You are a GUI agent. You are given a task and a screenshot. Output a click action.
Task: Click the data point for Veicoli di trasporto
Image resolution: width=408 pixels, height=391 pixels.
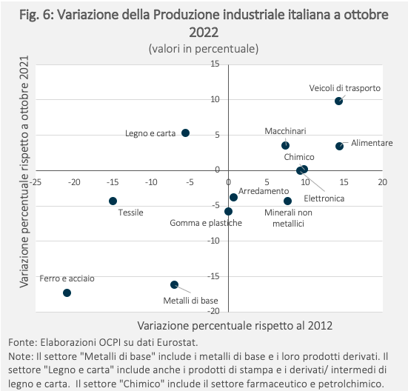[338, 101]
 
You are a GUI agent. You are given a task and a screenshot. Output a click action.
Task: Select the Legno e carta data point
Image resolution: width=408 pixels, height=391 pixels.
[185, 133]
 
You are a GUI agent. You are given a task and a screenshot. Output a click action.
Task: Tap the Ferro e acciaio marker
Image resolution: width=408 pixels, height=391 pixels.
[67, 293]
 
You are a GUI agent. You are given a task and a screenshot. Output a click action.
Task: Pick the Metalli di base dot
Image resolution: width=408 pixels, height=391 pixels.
[174, 284]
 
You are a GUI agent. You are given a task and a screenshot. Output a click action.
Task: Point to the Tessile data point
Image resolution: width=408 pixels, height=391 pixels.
[113, 201]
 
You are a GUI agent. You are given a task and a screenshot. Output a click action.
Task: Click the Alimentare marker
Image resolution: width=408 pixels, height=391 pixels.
[339, 146]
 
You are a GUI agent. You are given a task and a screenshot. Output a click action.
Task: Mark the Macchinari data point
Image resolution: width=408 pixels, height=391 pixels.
[285, 145]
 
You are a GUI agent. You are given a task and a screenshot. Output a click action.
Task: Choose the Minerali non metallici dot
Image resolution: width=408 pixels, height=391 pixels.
[287, 201]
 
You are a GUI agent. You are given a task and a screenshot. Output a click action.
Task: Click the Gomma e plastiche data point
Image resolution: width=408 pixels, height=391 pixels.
[228, 212]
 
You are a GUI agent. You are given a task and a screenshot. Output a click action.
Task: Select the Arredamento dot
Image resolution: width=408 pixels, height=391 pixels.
[233, 197]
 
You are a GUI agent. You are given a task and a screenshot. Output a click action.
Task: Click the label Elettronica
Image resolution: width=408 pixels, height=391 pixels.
[324, 198]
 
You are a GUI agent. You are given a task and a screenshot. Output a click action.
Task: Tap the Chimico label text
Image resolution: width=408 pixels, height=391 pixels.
[299, 157]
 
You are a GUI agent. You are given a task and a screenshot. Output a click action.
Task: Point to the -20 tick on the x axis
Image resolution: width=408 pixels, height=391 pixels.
[74, 182]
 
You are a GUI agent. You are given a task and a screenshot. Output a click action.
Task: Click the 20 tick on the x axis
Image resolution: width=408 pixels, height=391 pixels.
[382, 182]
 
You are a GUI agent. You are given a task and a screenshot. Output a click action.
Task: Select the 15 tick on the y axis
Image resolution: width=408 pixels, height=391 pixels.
[215, 64]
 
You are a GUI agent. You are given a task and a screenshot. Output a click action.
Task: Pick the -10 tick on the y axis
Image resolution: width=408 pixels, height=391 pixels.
[213, 241]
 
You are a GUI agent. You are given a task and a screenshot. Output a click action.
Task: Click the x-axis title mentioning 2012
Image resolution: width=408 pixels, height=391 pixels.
[235, 325]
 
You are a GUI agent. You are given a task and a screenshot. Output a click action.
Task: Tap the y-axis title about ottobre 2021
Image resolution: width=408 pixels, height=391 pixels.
[24, 172]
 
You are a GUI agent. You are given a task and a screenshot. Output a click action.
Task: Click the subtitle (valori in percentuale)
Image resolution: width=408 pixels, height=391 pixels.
[204, 49]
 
